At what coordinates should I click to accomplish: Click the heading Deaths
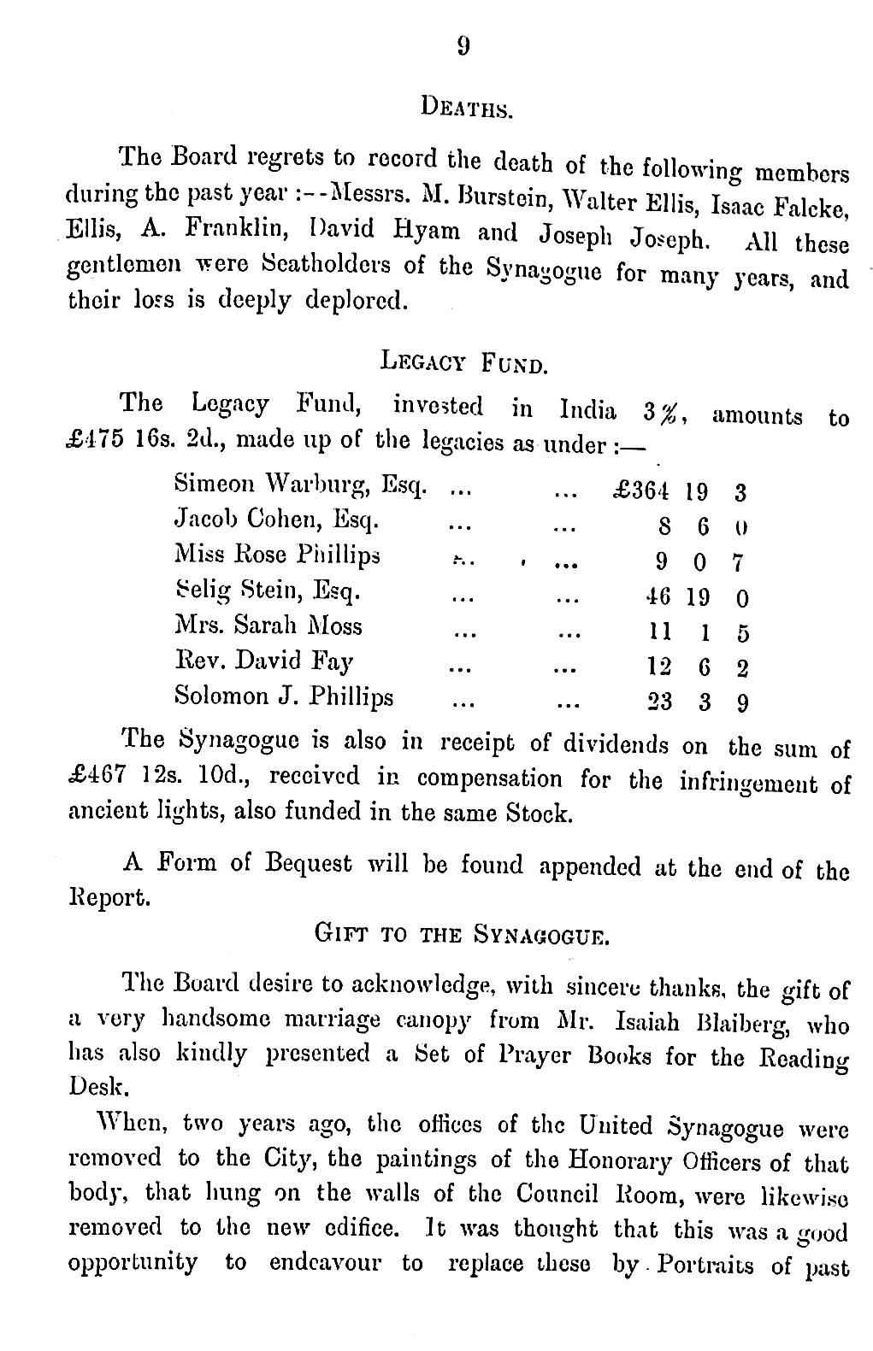pyautogui.click(x=467, y=108)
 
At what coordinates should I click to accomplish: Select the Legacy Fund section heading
pyautogui.click(x=463, y=363)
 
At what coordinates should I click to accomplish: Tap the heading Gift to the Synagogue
pyautogui.click(x=463, y=934)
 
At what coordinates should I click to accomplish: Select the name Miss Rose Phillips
pyautogui.click(x=277, y=555)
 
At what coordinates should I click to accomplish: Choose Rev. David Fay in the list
pyautogui.click(x=263, y=661)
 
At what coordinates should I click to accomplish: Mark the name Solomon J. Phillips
pyautogui.click(x=284, y=696)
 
